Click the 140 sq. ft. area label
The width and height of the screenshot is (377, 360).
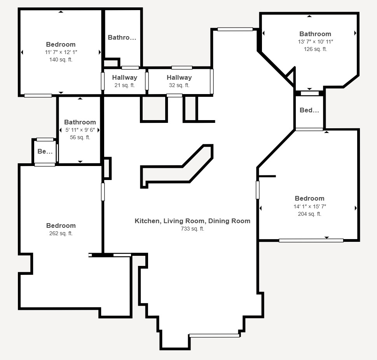pyautogui.click(x=61, y=59)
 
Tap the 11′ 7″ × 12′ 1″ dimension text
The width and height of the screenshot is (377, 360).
pyautogui.click(x=61, y=52)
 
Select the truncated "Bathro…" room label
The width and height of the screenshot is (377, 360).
pyautogui.click(x=122, y=37)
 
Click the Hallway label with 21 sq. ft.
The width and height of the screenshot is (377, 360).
pyautogui.click(x=124, y=77)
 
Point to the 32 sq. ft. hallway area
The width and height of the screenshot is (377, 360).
pyautogui.click(x=179, y=85)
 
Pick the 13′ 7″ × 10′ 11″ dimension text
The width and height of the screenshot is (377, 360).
pyautogui.click(x=315, y=42)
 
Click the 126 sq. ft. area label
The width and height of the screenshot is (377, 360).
pyautogui.click(x=315, y=49)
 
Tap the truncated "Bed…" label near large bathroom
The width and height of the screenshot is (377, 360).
pyautogui.click(x=309, y=110)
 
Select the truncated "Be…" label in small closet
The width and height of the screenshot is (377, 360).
pyautogui.click(x=45, y=151)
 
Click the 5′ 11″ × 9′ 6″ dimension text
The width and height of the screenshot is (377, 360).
pyautogui.click(x=80, y=130)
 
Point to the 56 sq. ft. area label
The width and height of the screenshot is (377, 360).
pyautogui.click(x=80, y=137)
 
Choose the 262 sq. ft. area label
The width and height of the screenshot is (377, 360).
pyautogui.click(x=61, y=233)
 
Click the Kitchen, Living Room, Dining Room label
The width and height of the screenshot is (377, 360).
pyautogui.click(x=192, y=221)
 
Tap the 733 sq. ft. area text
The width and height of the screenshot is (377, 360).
pyautogui.click(x=192, y=229)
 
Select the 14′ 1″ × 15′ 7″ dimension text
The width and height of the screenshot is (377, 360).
pyautogui.click(x=310, y=206)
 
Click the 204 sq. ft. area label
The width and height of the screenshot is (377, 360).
pyautogui.click(x=310, y=214)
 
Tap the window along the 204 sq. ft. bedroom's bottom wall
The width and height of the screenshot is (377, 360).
pyautogui.click(x=311, y=240)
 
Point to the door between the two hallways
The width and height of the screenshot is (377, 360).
pyautogui.click(x=147, y=81)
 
